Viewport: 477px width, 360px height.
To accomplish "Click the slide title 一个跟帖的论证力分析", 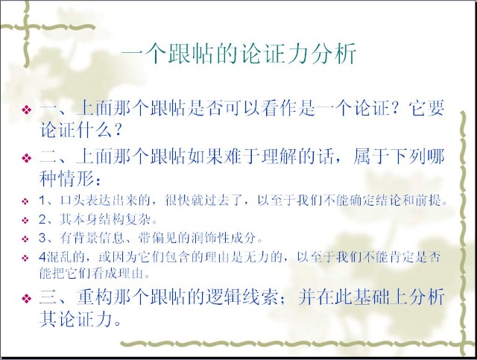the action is point(238,54).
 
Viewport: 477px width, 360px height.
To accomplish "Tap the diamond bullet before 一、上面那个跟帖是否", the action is point(27,110).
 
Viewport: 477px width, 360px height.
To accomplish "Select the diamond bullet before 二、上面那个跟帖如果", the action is point(27,157).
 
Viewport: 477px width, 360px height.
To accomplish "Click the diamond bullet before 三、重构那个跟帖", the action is point(27,298).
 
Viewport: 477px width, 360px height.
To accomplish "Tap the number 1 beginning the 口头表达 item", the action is point(42,200).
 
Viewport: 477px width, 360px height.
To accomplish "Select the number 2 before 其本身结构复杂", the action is point(42,219).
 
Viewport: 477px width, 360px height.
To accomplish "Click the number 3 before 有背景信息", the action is point(42,238).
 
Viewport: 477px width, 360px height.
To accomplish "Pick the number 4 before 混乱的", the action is point(42,257).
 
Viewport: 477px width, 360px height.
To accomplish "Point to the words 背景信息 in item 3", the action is point(98,238).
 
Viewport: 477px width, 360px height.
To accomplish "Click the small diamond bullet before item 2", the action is point(25,220).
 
